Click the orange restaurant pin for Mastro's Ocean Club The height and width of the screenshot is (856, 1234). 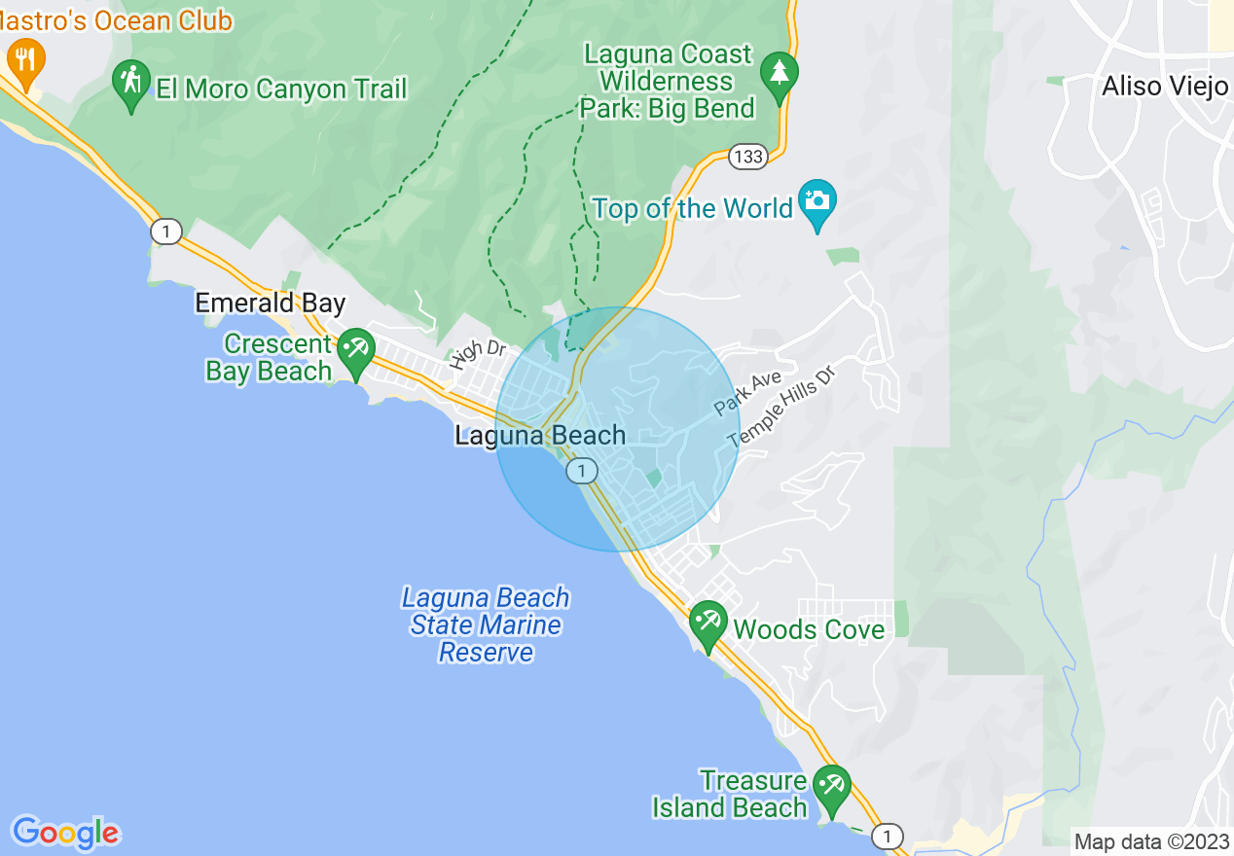click(x=25, y=59)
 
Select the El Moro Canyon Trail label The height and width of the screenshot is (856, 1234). click(x=281, y=89)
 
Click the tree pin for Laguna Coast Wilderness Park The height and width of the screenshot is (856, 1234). click(x=779, y=75)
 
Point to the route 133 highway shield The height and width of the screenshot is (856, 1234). click(x=747, y=157)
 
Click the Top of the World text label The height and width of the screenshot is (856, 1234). click(x=693, y=208)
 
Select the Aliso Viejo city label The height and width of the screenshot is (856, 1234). click(x=1165, y=87)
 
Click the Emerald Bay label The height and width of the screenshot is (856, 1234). click(x=271, y=303)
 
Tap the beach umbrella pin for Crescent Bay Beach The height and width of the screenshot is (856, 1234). click(x=356, y=351)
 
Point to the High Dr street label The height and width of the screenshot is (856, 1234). click(x=479, y=354)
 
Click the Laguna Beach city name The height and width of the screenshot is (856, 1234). click(x=540, y=435)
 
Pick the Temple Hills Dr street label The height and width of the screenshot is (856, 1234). click(x=781, y=406)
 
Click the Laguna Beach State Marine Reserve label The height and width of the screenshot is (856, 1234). click(x=486, y=624)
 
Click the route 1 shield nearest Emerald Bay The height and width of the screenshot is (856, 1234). click(x=166, y=232)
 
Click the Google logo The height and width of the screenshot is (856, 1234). click(x=65, y=833)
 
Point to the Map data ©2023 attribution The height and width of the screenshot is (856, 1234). click(x=1149, y=841)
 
